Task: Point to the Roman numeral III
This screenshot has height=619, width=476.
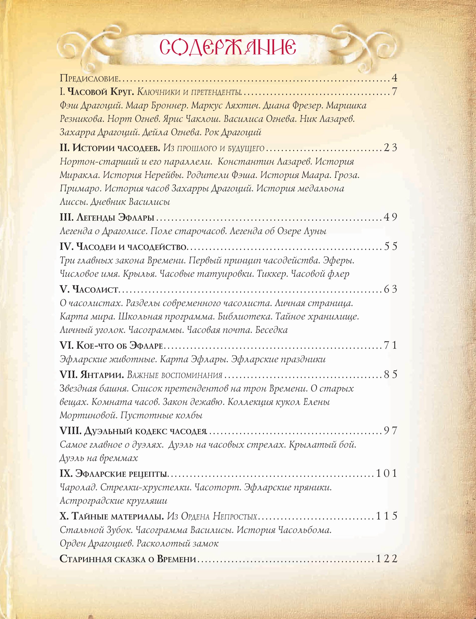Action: click(67, 217)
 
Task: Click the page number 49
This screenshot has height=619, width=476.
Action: click(390, 217)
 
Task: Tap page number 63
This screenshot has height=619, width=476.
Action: click(390, 289)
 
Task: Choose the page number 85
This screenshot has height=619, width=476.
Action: click(390, 375)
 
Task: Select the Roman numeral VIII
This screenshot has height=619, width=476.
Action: click(71, 431)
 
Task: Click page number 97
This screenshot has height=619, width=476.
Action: click(390, 431)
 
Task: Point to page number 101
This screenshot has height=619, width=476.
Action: click(387, 473)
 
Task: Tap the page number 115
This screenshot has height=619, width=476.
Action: click(387, 516)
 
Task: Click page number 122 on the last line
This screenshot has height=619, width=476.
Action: click(387, 558)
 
